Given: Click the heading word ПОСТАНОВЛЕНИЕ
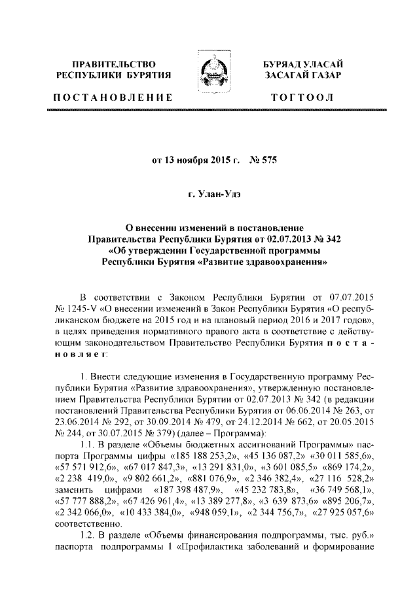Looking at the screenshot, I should click(x=112, y=98).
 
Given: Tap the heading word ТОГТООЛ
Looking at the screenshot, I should click(x=306, y=98).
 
